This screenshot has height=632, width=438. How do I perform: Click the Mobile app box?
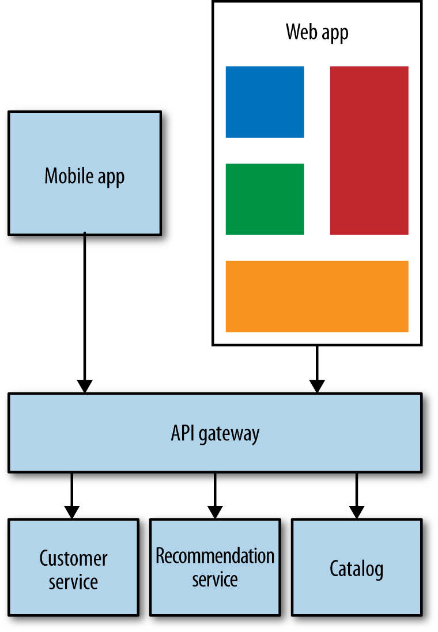coord(84,173)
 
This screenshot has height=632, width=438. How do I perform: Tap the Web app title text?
coord(317,32)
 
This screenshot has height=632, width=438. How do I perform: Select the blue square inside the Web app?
coord(265,102)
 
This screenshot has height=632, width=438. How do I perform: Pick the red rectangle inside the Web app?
coord(369,150)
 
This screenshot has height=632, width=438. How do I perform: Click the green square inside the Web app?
coord(265,199)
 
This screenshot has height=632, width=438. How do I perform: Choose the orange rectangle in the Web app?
coord(316,296)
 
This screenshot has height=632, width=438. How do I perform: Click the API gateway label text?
coord(215,433)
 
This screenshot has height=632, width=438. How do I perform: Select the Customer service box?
coord(73,566)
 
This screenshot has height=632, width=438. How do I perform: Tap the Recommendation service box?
coord(215,566)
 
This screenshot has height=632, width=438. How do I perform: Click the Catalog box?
coord(356,566)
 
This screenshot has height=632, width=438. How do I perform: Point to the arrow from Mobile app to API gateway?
coord(85,311)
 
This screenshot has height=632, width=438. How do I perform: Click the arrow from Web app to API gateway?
coord(316,369)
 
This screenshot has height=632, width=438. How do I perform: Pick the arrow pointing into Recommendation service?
coord(215,495)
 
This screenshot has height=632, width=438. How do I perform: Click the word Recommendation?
coord(215,556)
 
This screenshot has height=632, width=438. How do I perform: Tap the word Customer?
coord(73,558)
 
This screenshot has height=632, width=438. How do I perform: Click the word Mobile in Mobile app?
coord(65,176)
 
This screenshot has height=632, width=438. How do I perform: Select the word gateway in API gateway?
coord(229,434)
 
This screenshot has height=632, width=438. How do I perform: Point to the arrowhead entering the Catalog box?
coord(356,512)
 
